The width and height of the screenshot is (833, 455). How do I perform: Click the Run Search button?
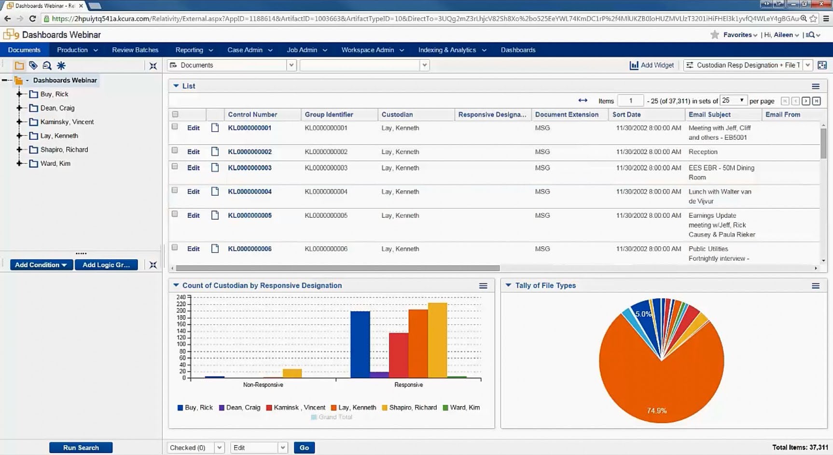click(x=81, y=448)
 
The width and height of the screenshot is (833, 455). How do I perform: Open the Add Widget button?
click(x=652, y=65)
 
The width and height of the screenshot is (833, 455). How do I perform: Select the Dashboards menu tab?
click(x=518, y=50)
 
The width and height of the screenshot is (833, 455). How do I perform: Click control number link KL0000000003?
click(x=250, y=168)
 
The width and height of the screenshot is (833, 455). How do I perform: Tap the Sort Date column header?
click(x=626, y=115)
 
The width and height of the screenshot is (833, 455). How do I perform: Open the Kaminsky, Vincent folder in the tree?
click(x=67, y=122)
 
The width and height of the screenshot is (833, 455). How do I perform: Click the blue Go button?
click(x=304, y=448)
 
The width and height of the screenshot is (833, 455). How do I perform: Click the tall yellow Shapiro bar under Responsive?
click(x=437, y=340)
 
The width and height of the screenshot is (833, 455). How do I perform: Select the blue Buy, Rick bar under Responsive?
click(x=360, y=344)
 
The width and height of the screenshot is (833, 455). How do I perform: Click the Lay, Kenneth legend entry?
click(x=357, y=408)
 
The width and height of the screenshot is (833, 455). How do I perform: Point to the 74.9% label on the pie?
click(x=657, y=411)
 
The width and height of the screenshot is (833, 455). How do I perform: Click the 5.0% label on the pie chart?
click(x=643, y=314)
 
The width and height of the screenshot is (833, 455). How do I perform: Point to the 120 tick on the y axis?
click(x=181, y=337)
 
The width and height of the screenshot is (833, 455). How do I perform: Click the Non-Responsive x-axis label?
click(x=263, y=385)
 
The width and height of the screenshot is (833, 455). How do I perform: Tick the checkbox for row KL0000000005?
click(x=175, y=214)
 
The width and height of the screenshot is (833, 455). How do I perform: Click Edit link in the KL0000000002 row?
click(x=193, y=152)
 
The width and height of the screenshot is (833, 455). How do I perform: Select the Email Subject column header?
click(x=709, y=115)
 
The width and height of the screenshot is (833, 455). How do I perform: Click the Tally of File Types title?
click(x=545, y=285)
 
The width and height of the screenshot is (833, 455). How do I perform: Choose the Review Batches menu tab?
click(x=135, y=50)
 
